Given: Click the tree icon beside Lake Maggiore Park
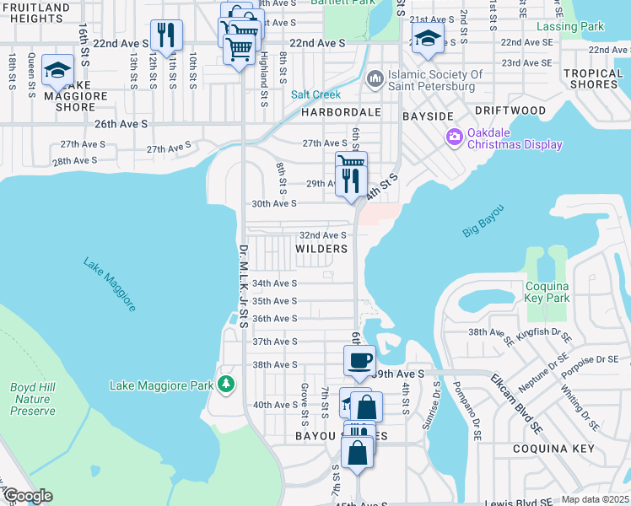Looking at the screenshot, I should click(225, 385).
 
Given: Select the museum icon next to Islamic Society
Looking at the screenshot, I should click(375, 80).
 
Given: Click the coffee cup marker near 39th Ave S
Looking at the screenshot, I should click(359, 360).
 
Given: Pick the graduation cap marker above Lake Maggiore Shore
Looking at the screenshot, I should click(57, 70).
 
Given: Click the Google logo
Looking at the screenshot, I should click(27, 496).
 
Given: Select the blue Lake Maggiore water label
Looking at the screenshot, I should click(110, 283).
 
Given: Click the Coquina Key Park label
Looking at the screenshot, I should click(548, 291).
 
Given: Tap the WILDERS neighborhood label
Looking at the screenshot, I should click(321, 249).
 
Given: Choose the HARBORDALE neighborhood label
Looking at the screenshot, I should click(337, 111).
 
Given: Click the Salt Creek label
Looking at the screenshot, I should click(316, 94).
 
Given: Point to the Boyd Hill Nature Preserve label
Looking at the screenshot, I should click(33, 399).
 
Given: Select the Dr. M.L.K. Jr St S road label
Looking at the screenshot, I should click(242, 287).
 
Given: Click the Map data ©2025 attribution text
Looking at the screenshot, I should click(596, 499).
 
